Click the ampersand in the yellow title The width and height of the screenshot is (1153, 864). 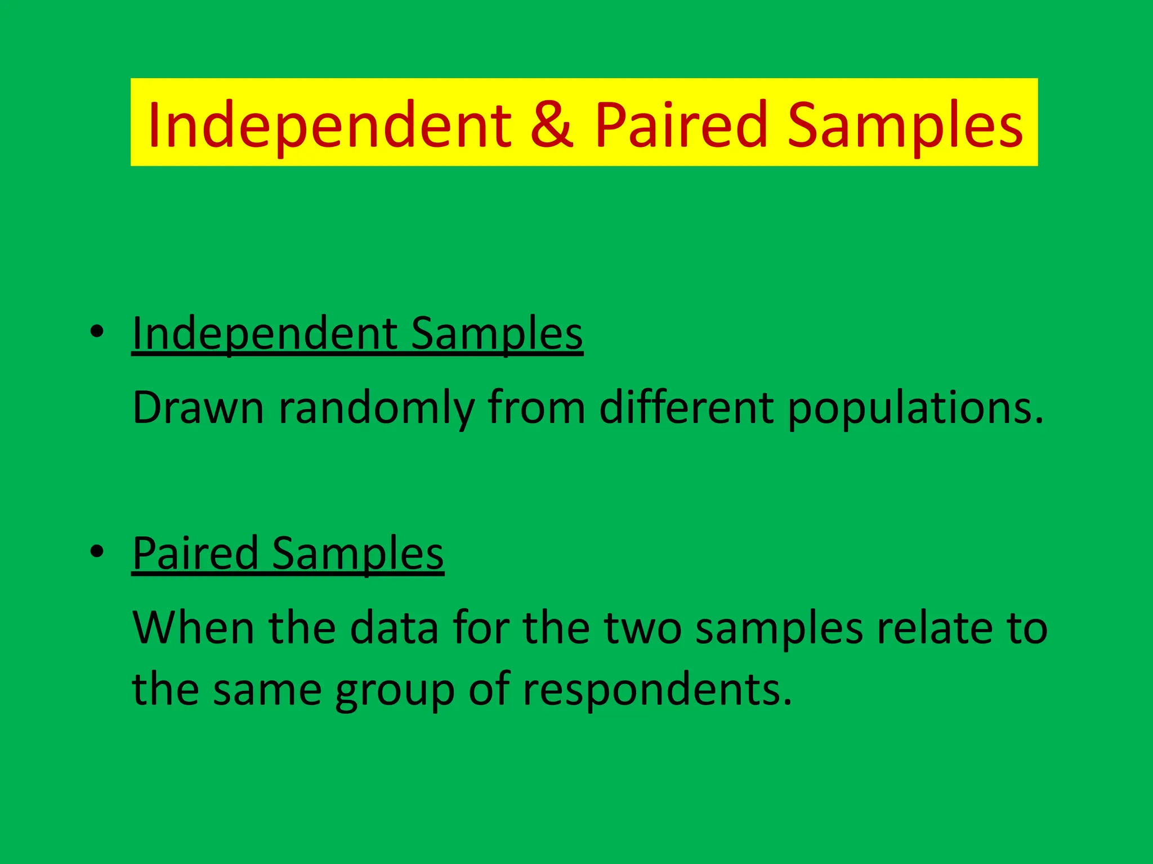(551, 125)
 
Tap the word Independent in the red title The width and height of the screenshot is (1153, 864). (329, 125)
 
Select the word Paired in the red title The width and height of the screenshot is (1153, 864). (681, 125)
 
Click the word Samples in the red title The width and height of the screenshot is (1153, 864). (905, 125)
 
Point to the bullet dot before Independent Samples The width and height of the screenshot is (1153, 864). (97, 332)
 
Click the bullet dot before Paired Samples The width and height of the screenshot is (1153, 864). (97, 552)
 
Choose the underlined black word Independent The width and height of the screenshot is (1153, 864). (264, 334)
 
